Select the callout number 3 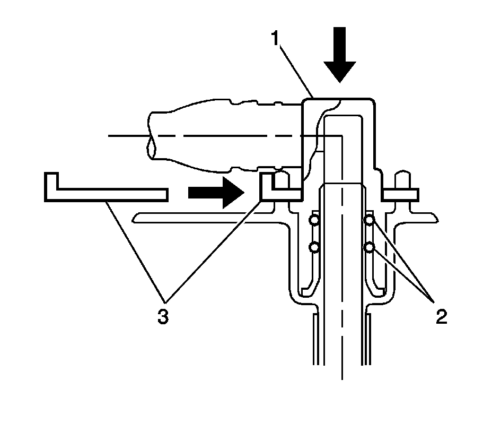click(x=162, y=317)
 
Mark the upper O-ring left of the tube click(x=314, y=220)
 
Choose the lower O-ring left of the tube click(x=314, y=247)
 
